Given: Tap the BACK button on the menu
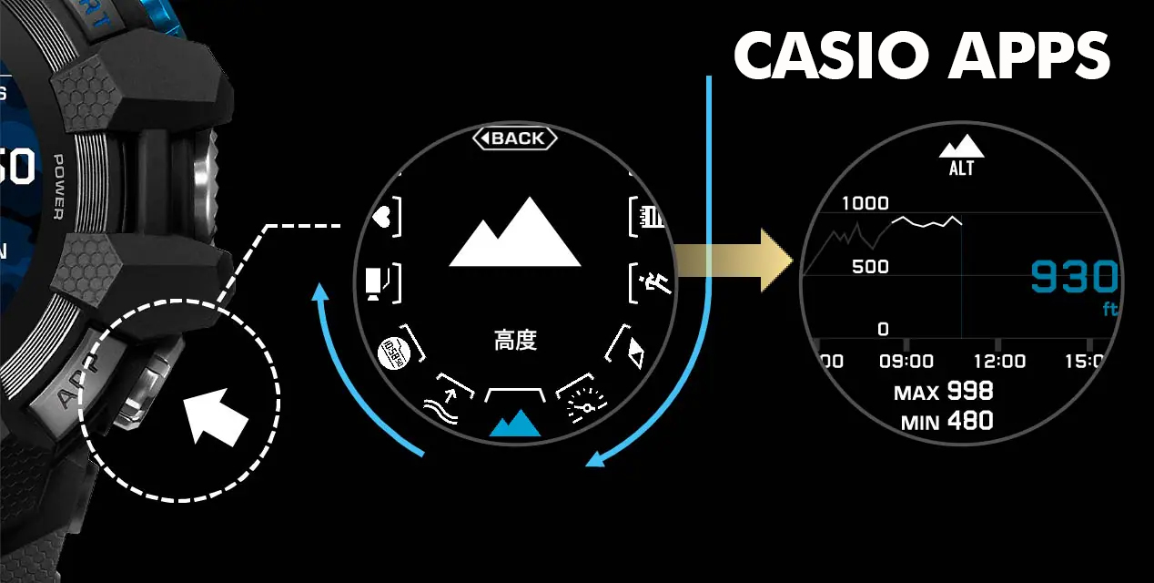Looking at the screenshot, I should click(x=515, y=138).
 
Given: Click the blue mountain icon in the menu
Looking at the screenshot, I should click(x=515, y=423).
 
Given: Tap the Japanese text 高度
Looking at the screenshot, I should click(x=515, y=341).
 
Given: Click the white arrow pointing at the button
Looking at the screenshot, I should click(x=217, y=415).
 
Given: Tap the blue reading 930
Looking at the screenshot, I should click(x=1074, y=277).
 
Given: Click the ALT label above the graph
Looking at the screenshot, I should click(x=961, y=169).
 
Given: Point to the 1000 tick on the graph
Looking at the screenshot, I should click(x=865, y=203).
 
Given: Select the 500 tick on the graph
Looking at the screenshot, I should click(x=870, y=267).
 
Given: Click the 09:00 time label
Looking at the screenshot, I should click(x=906, y=362).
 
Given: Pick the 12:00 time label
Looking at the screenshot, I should click(x=998, y=362).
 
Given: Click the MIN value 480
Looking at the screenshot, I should click(x=969, y=421).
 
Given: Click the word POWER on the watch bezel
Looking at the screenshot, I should click(x=57, y=187).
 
